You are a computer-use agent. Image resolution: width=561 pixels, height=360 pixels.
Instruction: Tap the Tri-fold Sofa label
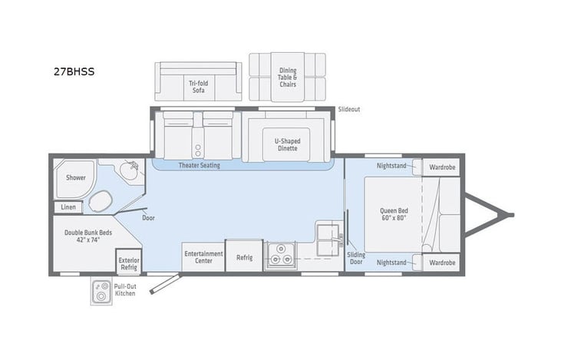199,87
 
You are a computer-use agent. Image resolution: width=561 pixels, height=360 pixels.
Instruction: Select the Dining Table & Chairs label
288,78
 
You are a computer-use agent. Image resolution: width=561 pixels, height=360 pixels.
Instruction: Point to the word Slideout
348,110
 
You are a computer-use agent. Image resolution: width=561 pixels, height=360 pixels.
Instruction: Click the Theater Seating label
198,165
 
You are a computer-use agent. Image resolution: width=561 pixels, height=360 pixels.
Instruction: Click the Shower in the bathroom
75,177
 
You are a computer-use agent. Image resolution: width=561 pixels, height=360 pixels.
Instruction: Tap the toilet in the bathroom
101,202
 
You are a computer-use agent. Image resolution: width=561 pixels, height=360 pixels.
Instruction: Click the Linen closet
68,207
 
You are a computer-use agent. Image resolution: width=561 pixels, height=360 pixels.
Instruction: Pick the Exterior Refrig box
128,263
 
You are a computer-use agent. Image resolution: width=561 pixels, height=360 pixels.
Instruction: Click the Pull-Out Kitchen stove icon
101,292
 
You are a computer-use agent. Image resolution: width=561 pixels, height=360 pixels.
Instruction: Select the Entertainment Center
203,257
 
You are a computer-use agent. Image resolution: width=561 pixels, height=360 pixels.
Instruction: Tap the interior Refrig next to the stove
244,258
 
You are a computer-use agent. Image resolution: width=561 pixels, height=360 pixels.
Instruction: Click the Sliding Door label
356,258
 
